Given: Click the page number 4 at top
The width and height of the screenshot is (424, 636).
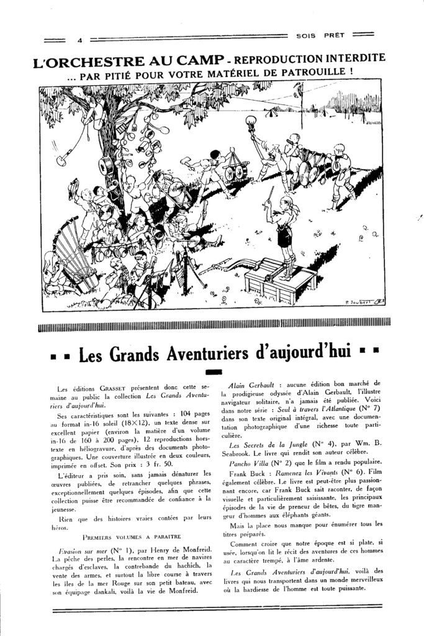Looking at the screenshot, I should tap(79, 41).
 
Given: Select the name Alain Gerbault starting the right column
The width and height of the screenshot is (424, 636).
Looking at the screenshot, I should tap(254, 385).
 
